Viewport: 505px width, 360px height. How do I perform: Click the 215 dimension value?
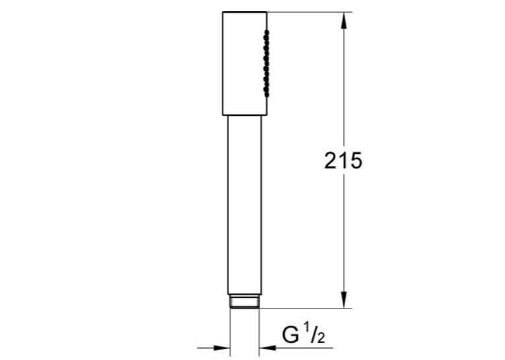pos(343,161)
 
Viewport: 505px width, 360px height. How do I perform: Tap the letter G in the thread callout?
pos(290,335)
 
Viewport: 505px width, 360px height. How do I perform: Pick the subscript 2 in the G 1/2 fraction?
pos(321,338)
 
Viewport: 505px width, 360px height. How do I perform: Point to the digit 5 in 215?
pos(356,161)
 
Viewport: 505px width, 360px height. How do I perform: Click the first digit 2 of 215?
pos(331,161)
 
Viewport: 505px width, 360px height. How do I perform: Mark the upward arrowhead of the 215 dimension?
pos(344,20)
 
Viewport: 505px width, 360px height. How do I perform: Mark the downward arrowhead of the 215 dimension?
pos(344,300)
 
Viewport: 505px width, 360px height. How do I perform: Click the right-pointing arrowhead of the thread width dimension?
pos(222,348)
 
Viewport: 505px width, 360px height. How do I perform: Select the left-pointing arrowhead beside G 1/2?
pos(267,348)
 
